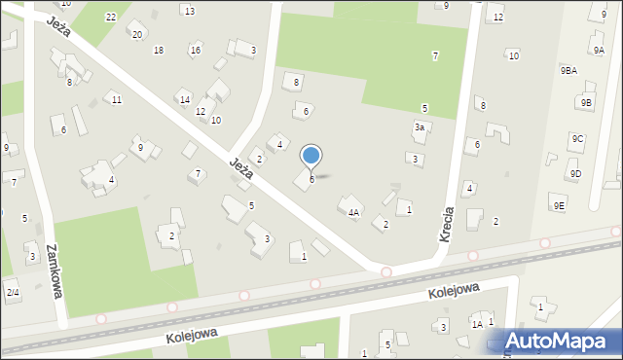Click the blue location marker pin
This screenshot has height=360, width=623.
pos(311,156)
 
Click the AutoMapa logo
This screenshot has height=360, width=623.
pos(561,341)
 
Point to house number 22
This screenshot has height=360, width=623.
pos(111,18)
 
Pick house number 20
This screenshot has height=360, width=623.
pos(137,35)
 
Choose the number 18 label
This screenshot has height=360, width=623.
pos(159,51)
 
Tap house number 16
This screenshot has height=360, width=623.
pos(196,51)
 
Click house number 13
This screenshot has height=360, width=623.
pos(189,11)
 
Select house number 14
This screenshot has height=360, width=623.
pos(184,99)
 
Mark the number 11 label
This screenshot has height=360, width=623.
pos(116,100)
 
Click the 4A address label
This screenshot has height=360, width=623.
pos(354,212)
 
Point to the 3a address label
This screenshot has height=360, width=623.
pos(420,127)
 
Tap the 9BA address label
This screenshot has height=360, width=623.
pos(568,71)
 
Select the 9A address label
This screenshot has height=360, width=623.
pos(598,50)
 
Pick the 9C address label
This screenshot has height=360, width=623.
pos(578,139)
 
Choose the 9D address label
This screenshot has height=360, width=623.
pos(575,174)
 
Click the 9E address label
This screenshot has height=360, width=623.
pos(559,205)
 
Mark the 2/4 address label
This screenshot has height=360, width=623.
pos(12,292)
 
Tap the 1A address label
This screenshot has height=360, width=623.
pos(477,324)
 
